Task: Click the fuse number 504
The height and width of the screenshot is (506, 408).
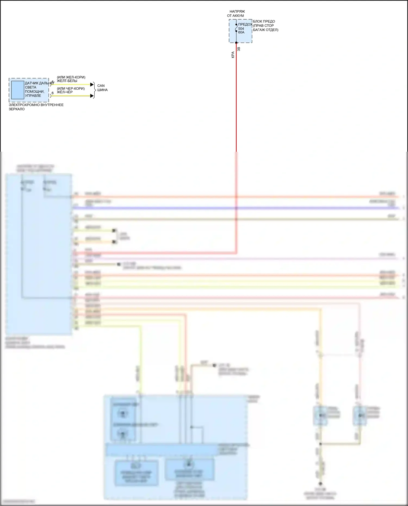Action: pos(241,29)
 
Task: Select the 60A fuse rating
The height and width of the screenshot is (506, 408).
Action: pos(241,32)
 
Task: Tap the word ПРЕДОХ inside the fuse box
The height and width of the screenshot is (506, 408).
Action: pos(245,24)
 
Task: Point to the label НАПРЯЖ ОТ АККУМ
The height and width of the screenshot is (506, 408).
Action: pos(236,14)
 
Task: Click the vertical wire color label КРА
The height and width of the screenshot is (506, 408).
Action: pos(233,55)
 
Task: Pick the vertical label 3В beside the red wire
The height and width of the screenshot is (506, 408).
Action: pos(239,49)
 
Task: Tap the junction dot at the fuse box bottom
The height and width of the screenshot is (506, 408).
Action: pos(236,43)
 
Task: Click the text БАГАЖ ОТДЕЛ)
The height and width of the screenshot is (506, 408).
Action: pos(265,30)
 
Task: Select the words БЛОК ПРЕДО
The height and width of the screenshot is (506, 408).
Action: pos(264,21)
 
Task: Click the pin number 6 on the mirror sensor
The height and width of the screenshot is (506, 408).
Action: pos(52,93)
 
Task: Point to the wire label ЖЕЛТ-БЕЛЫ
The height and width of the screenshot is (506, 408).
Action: pos(67,81)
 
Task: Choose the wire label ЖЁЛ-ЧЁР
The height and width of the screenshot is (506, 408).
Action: pos(65,92)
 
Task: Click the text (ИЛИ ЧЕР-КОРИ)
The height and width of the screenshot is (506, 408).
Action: pos(71,89)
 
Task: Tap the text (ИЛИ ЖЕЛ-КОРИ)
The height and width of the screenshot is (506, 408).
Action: pos(71,77)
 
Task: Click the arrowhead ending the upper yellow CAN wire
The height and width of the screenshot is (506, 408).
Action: pos(92,85)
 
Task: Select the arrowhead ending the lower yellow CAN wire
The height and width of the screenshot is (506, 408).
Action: pos(92,96)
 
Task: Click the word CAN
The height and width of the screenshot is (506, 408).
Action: pos(101,86)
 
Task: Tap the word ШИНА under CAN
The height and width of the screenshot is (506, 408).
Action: pos(103,90)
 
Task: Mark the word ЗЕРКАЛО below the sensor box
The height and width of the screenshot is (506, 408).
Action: pos(17,109)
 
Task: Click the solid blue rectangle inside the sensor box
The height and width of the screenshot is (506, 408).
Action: pos(18,90)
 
